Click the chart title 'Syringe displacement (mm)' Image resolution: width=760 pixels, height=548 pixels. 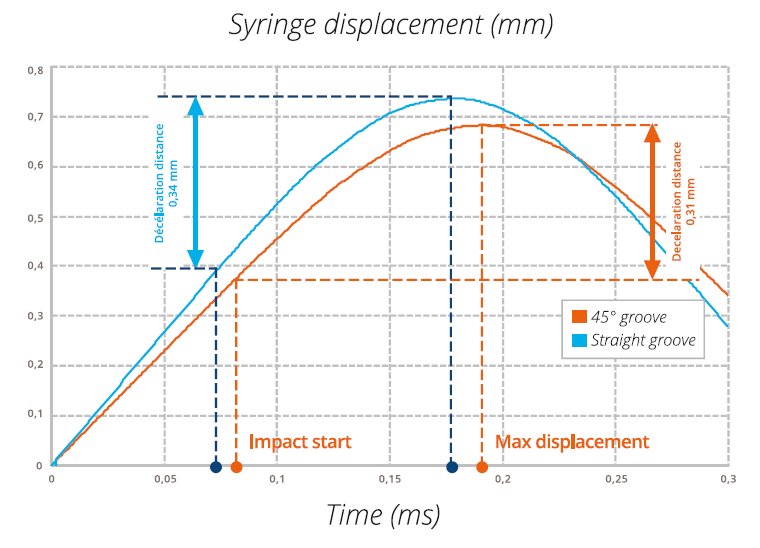(390, 25)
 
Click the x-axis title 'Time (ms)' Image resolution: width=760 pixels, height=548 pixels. (383, 515)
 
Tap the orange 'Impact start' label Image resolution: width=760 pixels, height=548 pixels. (300, 442)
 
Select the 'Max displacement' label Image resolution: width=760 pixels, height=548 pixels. (572, 442)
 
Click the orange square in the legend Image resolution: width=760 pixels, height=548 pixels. (578, 317)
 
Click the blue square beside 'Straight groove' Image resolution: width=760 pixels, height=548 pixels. (578, 341)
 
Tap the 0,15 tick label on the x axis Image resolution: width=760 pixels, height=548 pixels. (389, 480)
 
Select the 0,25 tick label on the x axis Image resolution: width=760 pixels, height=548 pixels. (614, 480)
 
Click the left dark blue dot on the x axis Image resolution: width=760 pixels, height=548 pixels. (216, 467)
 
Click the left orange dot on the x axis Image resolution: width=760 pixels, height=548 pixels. (236, 467)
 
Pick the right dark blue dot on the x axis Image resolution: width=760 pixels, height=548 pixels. (452, 467)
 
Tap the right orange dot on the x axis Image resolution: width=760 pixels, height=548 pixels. (482, 467)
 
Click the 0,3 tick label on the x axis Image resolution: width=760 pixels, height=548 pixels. (727, 480)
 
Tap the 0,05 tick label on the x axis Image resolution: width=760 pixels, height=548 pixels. (164, 480)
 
